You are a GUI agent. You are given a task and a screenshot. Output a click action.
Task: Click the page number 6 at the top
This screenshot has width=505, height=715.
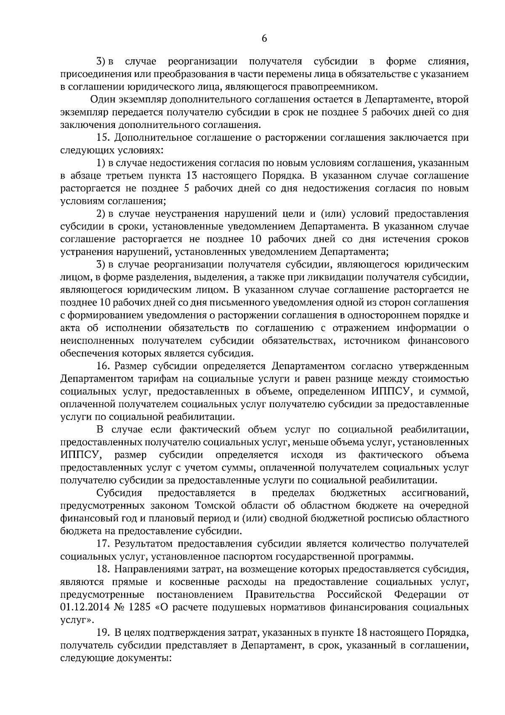click(264, 38)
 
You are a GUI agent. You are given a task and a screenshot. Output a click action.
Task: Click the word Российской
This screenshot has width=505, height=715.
click(354, 595)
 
